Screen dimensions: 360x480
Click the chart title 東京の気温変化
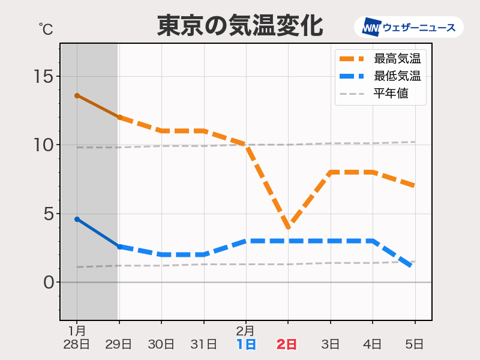pyautogui.click(x=240, y=26)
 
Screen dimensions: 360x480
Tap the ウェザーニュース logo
pyautogui.click(x=409, y=28)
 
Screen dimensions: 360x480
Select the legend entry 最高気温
pyautogui.click(x=396, y=59)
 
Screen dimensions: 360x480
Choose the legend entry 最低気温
pyautogui.click(x=396, y=76)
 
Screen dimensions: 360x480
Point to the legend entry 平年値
pyautogui.click(x=391, y=94)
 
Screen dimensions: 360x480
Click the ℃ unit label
pyautogui.click(x=46, y=28)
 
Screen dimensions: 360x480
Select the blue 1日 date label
pyautogui.click(x=246, y=344)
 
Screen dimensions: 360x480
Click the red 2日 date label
pyautogui.click(x=287, y=344)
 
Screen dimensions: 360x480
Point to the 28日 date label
pyautogui.click(x=77, y=344)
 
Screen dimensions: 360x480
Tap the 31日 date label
pyautogui.click(x=203, y=344)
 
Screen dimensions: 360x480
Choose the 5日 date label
pyautogui.click(x=415, y=344)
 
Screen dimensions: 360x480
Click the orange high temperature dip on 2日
pyautogui.click(x=289, y=227)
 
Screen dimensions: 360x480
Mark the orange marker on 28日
pyautogui.click(x=77, y=95)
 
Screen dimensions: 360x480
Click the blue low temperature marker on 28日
pyautogui.click(x=77, y=219)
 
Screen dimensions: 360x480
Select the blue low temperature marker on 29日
pyautogui.click(x=119, y=247)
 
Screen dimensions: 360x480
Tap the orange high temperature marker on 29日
pyautogui.click(x=119, y=118)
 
